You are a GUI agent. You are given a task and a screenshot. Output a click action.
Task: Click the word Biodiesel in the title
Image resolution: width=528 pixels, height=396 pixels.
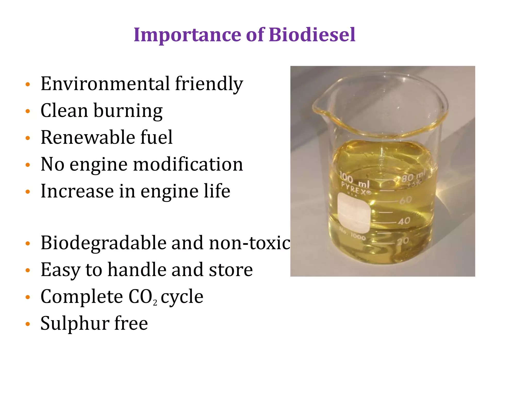pos(312,35)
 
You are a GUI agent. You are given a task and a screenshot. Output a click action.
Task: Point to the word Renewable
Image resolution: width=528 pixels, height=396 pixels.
pos(88,137)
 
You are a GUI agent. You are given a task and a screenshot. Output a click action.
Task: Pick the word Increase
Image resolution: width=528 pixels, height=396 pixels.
pos(77,191)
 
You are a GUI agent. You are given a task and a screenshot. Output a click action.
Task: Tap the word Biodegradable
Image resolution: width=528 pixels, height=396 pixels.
pos(103,243)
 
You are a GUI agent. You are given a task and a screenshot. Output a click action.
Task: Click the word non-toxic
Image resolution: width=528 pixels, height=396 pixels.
pos(250,243)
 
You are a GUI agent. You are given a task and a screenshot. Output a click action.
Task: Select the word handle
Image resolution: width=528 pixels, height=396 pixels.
pos(137,270)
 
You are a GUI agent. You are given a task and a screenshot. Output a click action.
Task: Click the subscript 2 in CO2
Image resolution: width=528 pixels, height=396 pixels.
pos(155,303)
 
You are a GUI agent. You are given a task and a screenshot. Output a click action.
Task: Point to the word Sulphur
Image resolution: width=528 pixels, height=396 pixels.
pos(75,324)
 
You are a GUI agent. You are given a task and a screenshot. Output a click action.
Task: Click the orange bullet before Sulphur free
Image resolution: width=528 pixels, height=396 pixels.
pos(28,324)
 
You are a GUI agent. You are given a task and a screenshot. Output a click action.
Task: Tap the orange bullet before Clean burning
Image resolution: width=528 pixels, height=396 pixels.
pos(28,111)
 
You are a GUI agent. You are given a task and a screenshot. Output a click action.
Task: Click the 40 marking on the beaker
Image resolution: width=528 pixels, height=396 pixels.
pos(404,221)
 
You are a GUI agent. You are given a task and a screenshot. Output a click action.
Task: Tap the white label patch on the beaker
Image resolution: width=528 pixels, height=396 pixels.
pos(354,213)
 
